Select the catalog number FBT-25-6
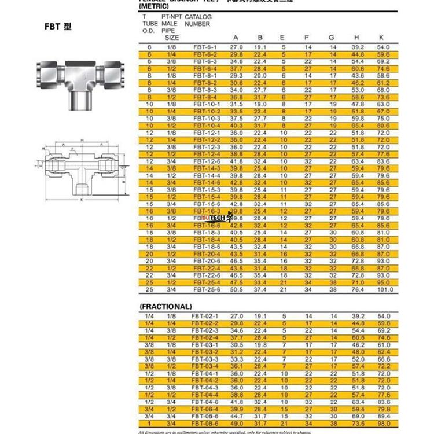pyautogui.click(x=205, y=289)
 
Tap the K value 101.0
pyautogui.click(x=384, y=289)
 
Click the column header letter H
pyautogui.click(x=358, y=38)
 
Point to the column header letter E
pyautogui.click(x=284, y=38)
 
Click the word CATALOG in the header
pyautogui.click(x=198, y=17)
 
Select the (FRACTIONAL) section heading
pyautogui.click(x=165, y=306)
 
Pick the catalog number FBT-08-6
pyautogui.click(x=205, y=424)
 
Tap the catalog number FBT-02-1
pyautogui.click(x=205, y=316)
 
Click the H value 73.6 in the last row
pyautogui.click(x=358, y=424)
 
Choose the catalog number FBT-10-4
pyautogui.click(x=205, y=125)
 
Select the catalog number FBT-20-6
pyautogui.click(x=205, y=261)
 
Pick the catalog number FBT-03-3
pyautogui.click(x=205, y=359)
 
